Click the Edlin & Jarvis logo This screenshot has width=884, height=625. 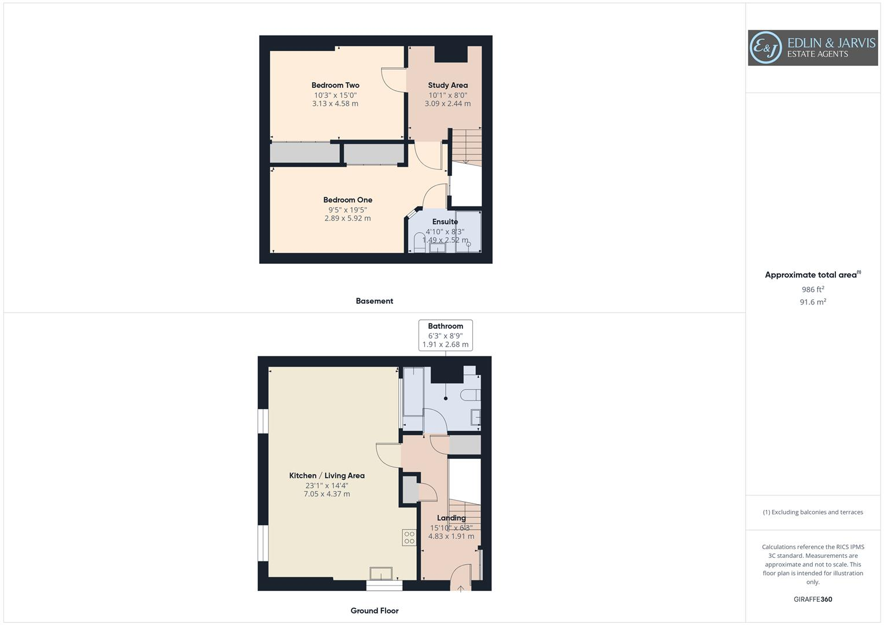812,47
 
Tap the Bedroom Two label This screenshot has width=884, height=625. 335,85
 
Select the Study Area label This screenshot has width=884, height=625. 447,85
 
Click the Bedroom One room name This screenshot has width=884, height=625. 347,200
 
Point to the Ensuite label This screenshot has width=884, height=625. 445,222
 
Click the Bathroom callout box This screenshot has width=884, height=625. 445,334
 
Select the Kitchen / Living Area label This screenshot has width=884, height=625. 327,475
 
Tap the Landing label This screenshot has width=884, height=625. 451,518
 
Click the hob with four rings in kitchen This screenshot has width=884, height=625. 409,537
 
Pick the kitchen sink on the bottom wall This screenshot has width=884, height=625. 381,573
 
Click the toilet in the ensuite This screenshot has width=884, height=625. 420,244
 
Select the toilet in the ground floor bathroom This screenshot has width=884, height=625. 470,395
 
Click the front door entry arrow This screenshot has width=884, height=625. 461,589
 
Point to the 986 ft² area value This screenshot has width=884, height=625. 812,289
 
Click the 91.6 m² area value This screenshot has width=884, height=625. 812,302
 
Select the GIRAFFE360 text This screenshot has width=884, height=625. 812,599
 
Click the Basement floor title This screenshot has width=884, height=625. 374,301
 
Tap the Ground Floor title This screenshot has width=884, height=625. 374,611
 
